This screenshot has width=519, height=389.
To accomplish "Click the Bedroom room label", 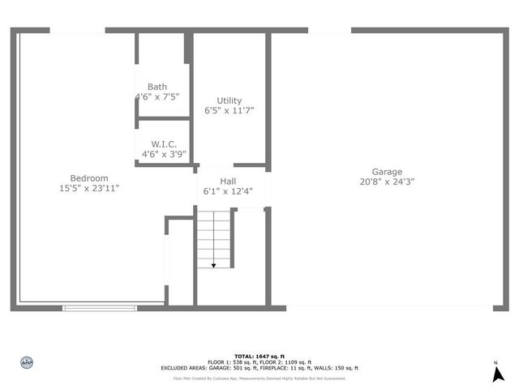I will point(89,178).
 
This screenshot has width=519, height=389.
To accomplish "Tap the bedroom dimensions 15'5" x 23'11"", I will point(89,189).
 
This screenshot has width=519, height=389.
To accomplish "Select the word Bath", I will point(157,87).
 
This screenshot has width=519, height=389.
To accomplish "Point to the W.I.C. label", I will point(159,143).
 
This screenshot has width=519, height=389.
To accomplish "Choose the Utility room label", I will point(229,100).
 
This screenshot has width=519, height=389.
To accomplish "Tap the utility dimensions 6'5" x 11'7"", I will point(229,111).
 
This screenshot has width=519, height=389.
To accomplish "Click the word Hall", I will point(228,181).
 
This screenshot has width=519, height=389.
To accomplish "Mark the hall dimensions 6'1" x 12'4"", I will point(228,192).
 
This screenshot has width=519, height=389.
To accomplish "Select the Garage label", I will point(387,172).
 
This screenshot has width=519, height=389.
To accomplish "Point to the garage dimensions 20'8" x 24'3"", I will point(387,182).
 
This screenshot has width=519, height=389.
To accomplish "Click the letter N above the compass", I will point(496,362).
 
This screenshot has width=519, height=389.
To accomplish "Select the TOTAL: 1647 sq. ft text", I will point(259,357).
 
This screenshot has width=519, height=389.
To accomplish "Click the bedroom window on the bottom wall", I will point(101,307).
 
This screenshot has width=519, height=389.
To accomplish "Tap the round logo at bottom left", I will point(26,363).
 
